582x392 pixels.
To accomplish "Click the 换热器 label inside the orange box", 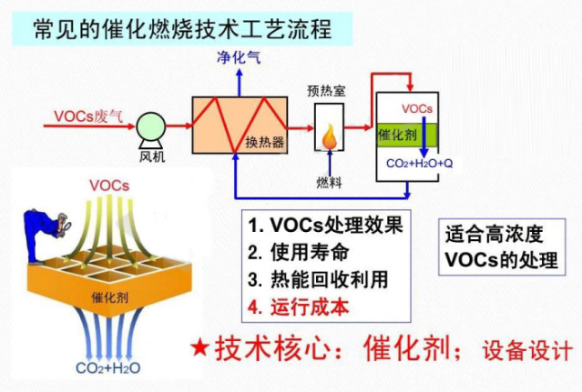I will coord(265,142).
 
